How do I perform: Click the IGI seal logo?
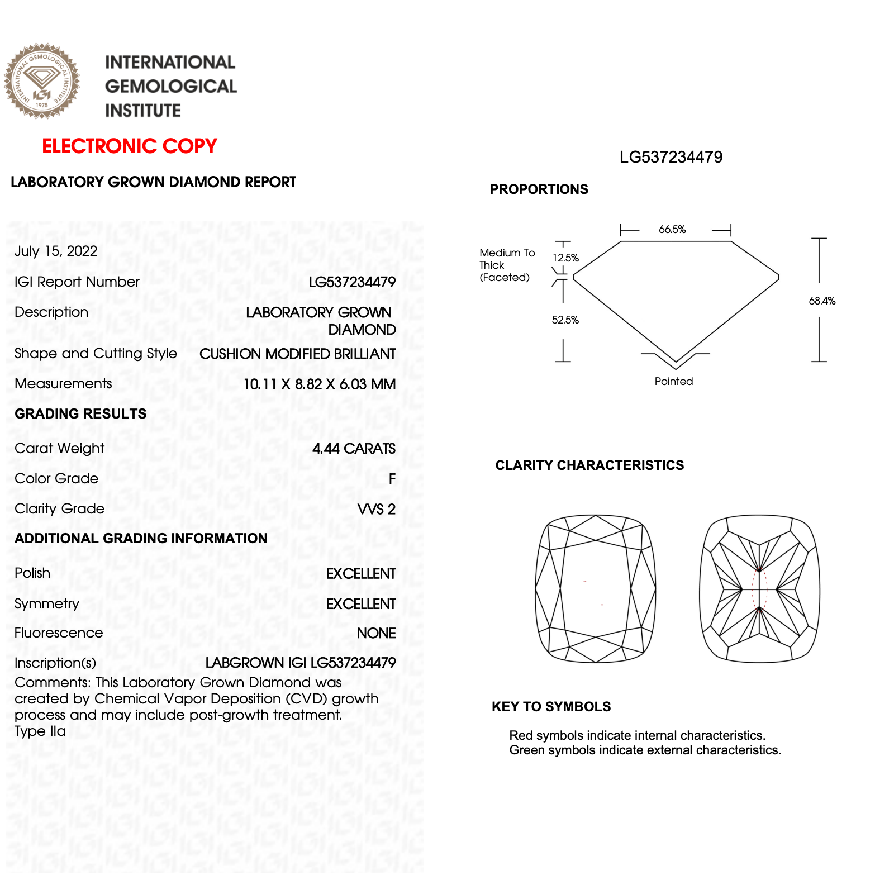tap(42, 81)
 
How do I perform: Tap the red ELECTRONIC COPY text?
tap(129, 146)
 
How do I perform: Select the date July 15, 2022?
tap(56, 251)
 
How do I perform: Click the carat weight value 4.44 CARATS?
tap(354, 449)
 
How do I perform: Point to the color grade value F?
tap(392, 479)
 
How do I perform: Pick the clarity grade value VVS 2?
tap(376, 509)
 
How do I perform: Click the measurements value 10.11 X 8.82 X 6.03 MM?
tap(320, 384)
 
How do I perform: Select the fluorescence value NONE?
tap(376, 633)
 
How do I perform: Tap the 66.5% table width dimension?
tap(672, 230)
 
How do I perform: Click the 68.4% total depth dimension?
tap(822, 301)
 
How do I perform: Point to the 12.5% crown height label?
tap(565, 258)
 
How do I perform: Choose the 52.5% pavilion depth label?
tap(565, 320)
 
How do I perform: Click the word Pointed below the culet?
tap(674, 382)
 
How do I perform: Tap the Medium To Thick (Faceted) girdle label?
tap(506, 265)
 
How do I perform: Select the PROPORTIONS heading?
tap(539, 189)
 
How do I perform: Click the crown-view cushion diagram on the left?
tap(596, 588)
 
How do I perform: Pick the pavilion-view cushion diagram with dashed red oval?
tap(760, 588)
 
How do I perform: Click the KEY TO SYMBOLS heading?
tap(551, 707)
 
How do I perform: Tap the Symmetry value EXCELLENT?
tap(361, 604)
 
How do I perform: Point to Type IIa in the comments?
tap(40, 731)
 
